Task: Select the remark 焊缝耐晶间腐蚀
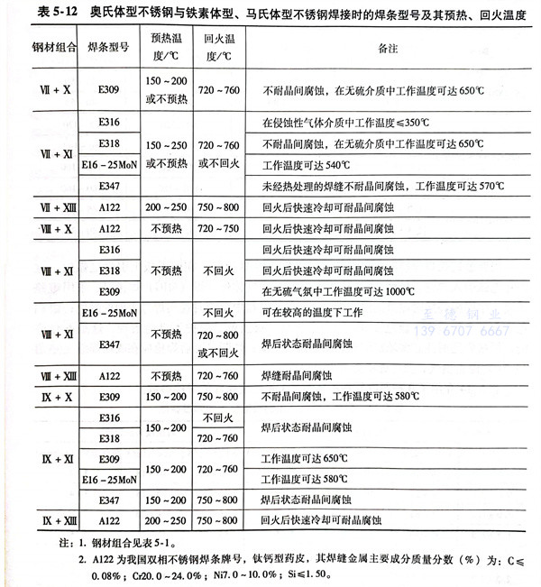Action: [x=297, y=375]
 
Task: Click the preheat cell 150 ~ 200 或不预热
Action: [x=166, y=90]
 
